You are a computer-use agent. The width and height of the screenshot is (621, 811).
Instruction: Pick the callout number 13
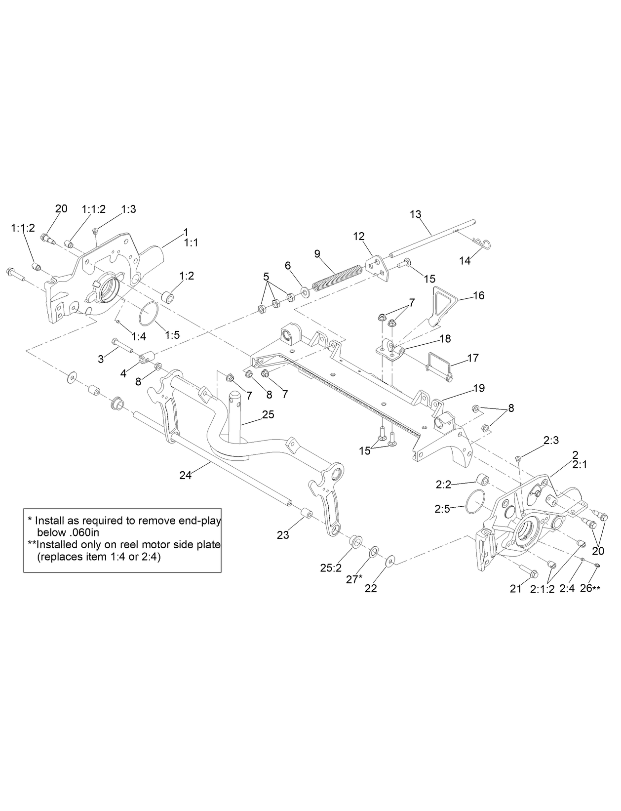pos(416,214)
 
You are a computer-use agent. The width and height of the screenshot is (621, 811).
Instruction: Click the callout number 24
pos(185,475)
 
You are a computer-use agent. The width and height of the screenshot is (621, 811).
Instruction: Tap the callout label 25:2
pos(331,568)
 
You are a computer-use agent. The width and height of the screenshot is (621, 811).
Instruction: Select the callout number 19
pos(479,388)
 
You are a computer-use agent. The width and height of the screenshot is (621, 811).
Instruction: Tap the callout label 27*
pos(354,579)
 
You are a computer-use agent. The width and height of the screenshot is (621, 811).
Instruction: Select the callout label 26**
pos(590,588)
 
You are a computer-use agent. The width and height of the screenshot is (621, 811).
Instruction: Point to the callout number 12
pos(358,237)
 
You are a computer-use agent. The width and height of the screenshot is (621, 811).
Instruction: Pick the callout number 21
pos(515,588)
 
